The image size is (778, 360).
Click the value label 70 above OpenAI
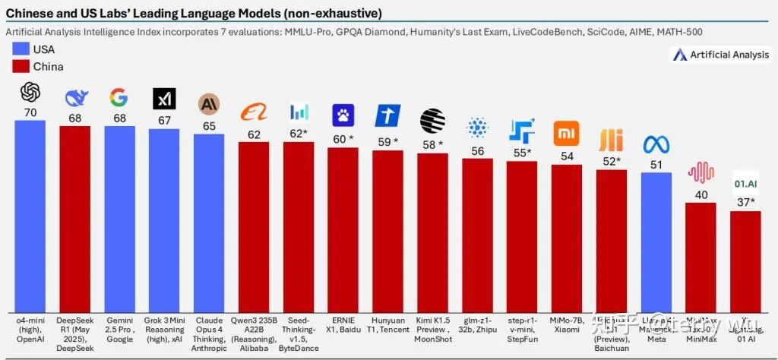[x=30, y=112]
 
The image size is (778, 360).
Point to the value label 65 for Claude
[x=209, y=127]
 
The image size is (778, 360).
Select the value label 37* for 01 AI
[x=745, y=203]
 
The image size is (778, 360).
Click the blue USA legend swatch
[x=22, y=49]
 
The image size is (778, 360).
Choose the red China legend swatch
[x=22, y=67]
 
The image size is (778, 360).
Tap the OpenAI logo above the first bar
[x=30, y=93]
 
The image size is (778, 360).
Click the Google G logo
[x=119, y=97]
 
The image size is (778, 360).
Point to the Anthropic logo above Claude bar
[x=209, y=104]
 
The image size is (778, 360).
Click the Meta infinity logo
[x=656, y=144]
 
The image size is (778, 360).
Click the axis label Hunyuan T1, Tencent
[x=387, y=325]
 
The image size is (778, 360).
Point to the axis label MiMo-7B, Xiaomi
[x=567, y=325]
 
